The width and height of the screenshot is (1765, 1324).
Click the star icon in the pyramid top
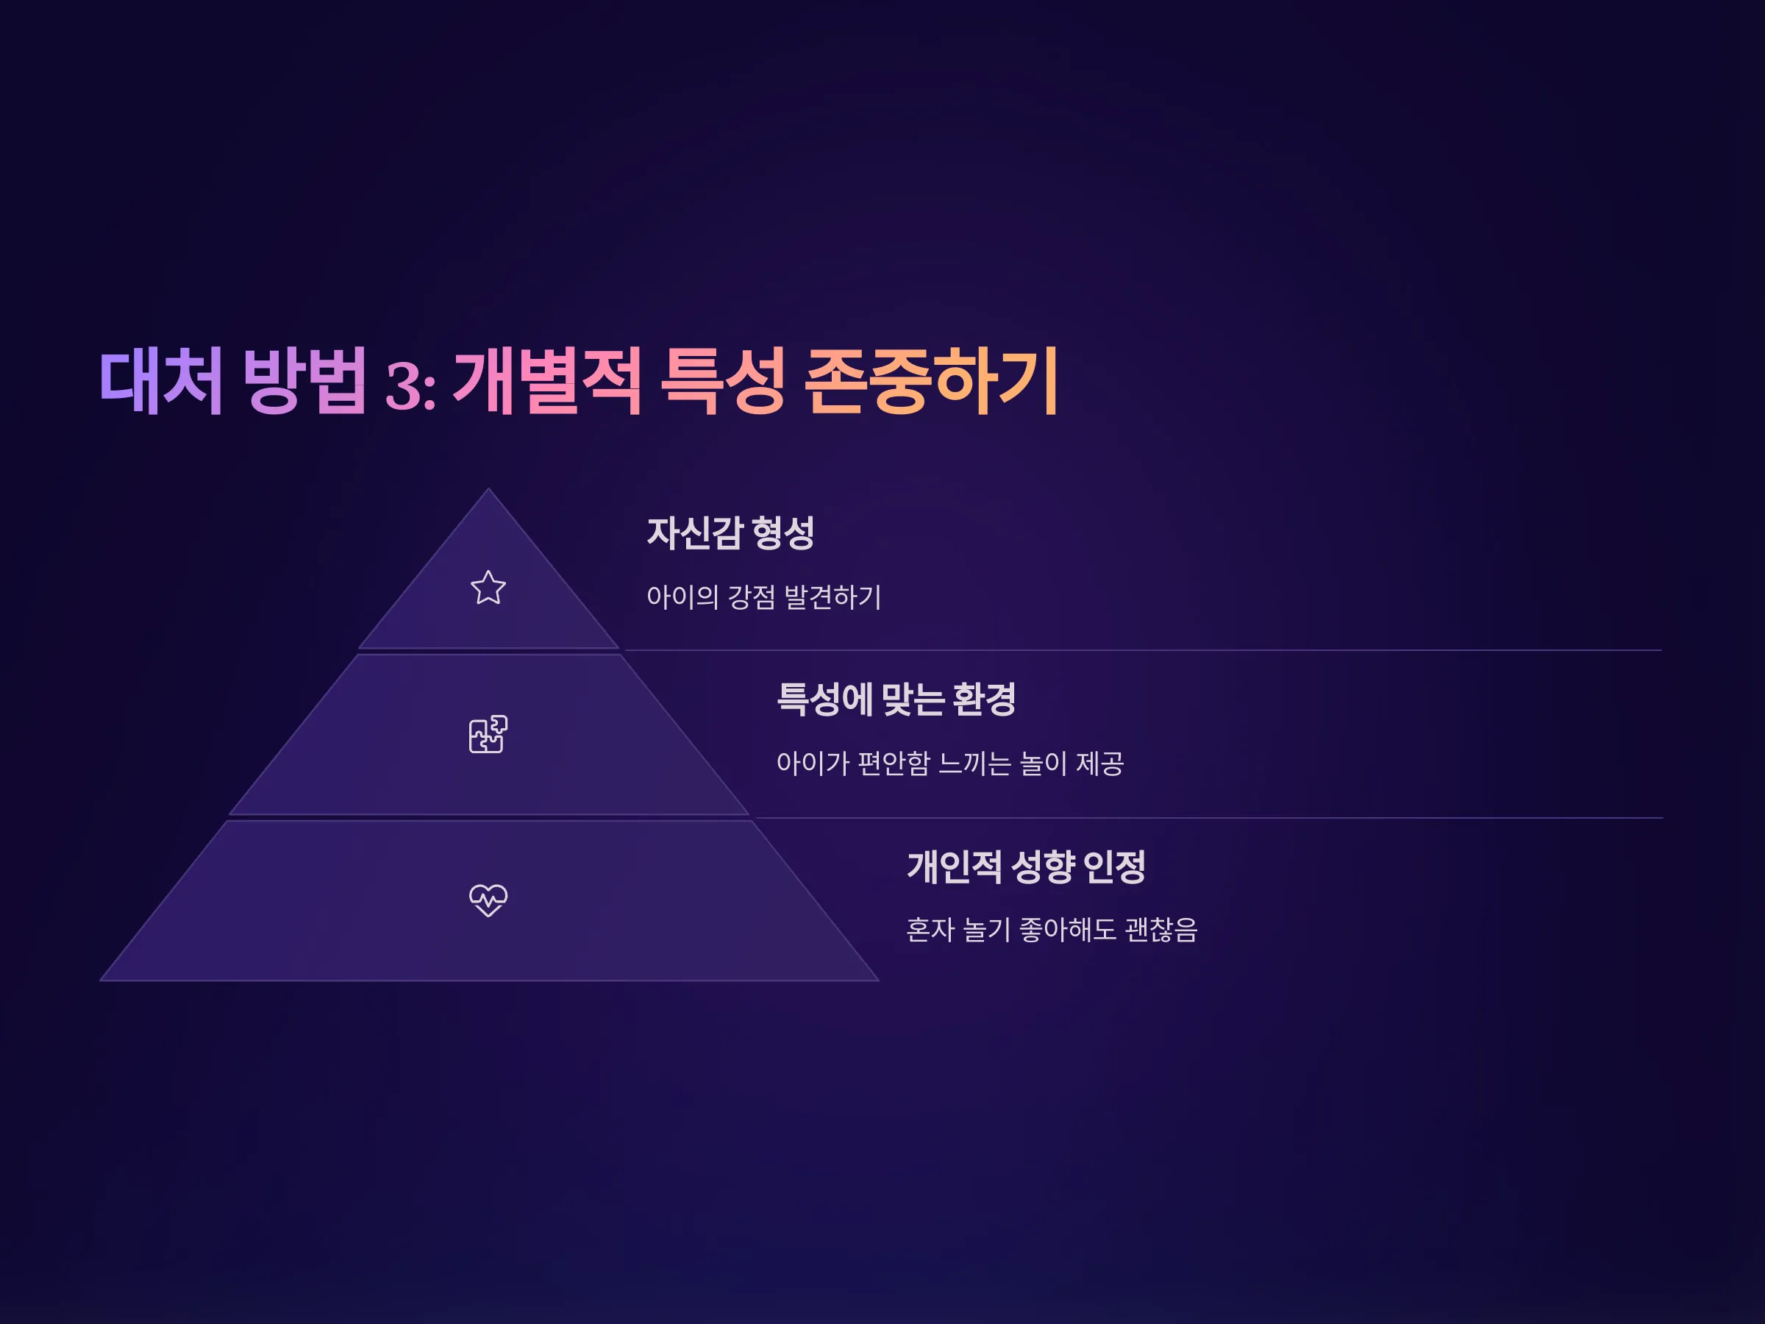[x=488, y=588]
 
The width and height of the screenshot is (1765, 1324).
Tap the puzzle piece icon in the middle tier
[x=488, y=734]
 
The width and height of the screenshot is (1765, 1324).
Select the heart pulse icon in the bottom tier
[x=488, y=900]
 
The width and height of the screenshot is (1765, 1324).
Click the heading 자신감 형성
[x=730, y=533]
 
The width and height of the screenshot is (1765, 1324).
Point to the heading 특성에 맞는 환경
[x=896, y=699]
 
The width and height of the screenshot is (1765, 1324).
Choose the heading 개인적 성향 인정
[x=1026, y=866]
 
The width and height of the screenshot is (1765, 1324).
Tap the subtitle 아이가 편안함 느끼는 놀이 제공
[x=950, y=764]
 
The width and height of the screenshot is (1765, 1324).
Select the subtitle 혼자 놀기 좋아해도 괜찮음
[x=1052, y=930]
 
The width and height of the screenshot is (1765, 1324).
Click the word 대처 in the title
[x=161, y=381]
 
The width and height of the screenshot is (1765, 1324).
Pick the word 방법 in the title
[x=304, y=381]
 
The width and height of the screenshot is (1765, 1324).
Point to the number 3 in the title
[x=404, y=385]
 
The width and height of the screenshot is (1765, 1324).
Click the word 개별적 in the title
[x=547, y=381]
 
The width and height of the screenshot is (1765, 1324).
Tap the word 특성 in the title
[x=724, y=381]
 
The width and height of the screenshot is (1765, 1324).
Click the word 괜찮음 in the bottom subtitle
[x=1161, y=930]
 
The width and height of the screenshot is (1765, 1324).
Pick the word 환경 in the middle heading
[x=984, y=699]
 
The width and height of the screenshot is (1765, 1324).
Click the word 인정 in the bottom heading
[x=1115, y=866]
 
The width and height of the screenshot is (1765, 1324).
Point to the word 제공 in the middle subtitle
[x=1100, y=764]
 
